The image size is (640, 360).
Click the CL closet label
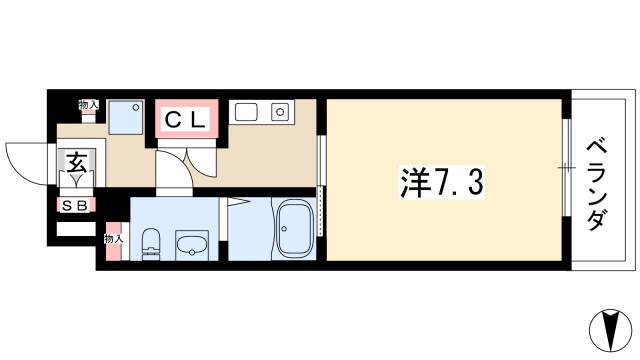[x=185, y=121]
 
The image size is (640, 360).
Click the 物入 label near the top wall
[x=89, y=105]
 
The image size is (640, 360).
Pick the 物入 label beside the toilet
[x=114, y=239]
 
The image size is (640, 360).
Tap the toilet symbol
[x=151, y=243]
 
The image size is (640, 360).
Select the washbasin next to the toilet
[x=190, y=245]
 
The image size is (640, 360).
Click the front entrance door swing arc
[x=25, y=160]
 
